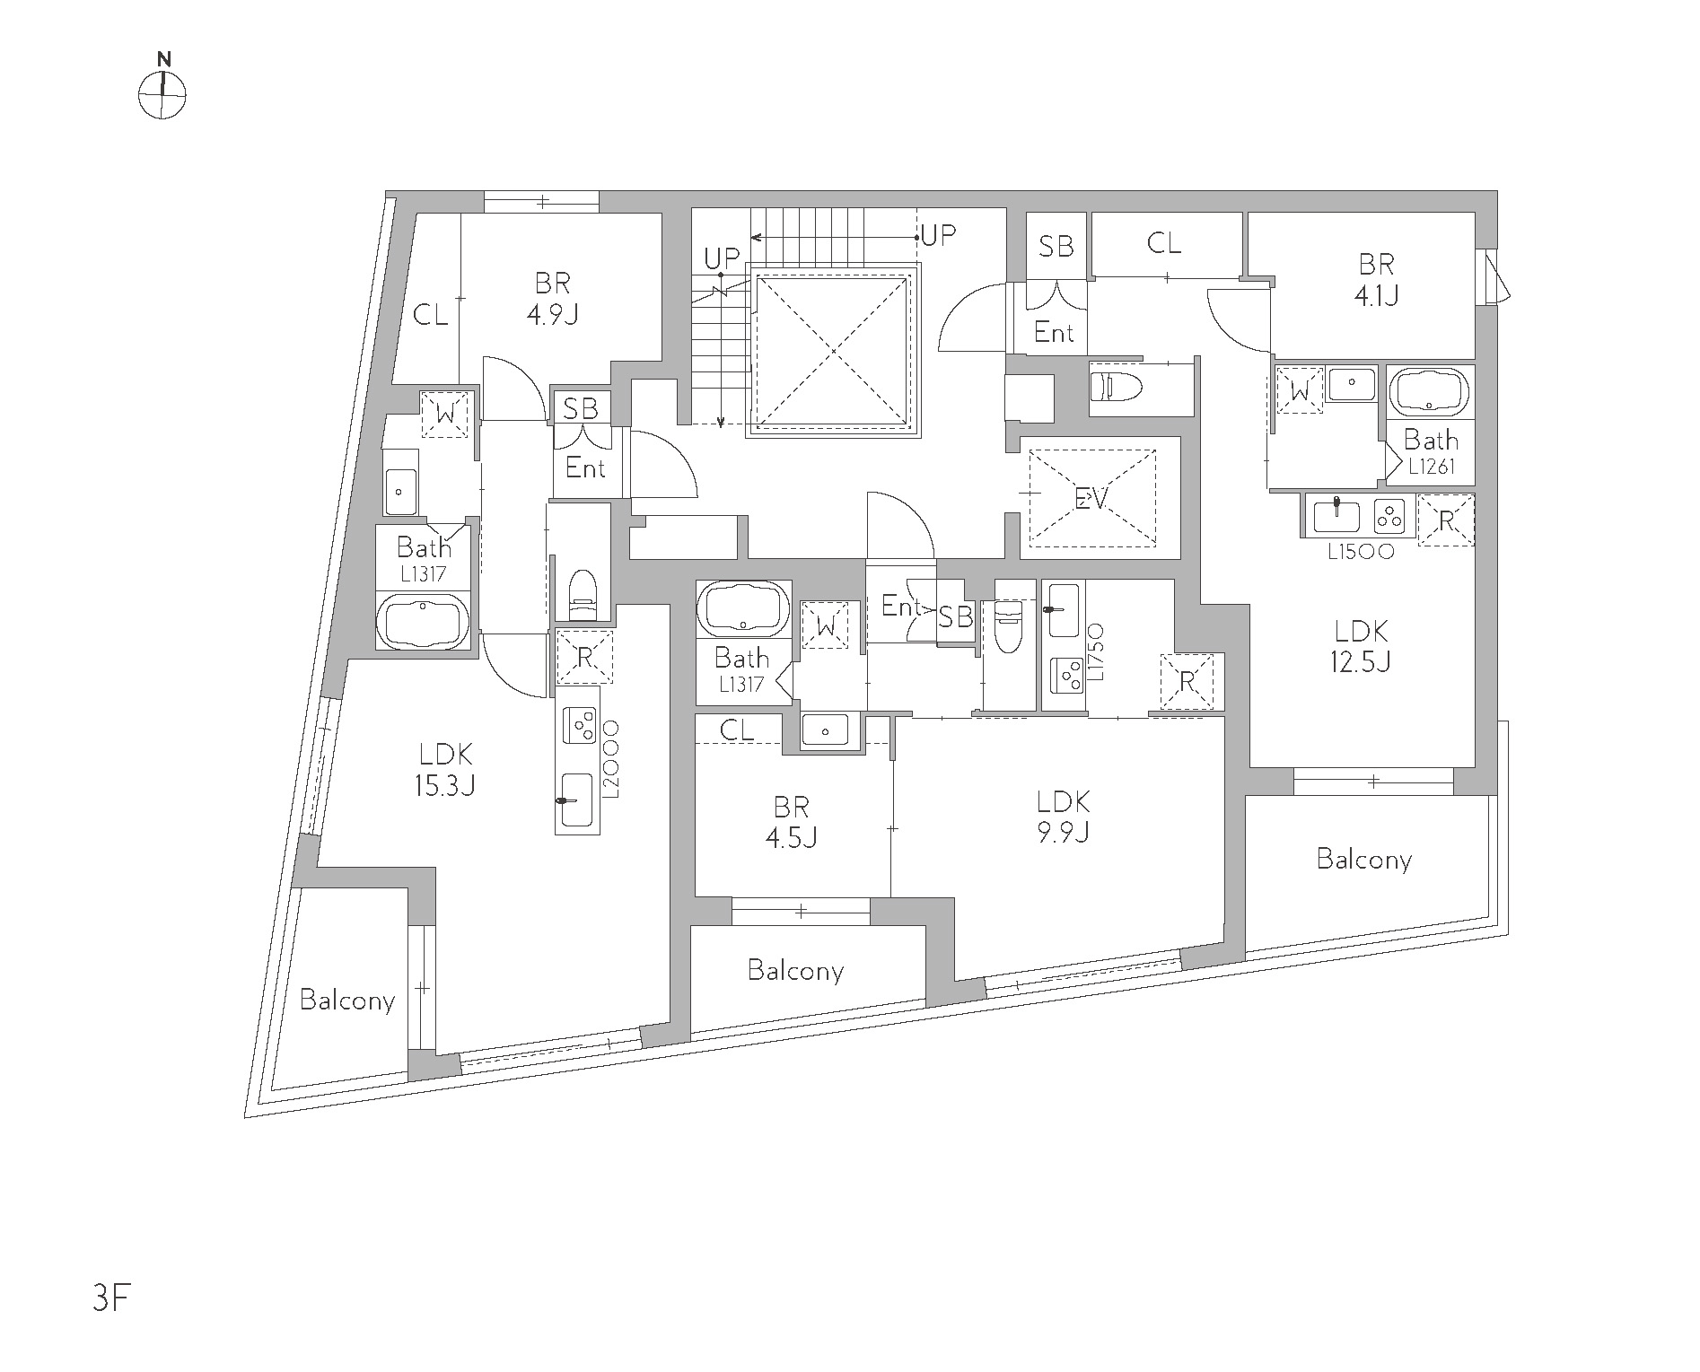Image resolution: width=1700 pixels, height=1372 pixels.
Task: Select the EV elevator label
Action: [1092, 498]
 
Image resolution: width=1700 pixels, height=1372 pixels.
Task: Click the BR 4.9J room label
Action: [553, 300]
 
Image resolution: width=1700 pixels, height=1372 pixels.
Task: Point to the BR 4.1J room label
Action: [1377, 280]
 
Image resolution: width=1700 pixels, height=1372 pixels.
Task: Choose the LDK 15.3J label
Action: [444, 769]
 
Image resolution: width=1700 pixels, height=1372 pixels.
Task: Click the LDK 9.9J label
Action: [1064, 817]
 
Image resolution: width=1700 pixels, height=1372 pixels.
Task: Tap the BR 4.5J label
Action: [791, 821]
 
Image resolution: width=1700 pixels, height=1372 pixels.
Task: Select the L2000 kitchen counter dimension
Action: [611, 759]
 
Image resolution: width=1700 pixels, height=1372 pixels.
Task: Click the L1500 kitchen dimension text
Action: [1362, 553]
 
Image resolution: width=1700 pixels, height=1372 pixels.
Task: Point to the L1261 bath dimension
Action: [1431, 467]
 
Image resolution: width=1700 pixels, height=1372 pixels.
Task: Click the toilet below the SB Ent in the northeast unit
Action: [1116, 388]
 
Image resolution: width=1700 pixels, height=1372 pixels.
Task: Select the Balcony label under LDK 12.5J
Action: [1363, 859]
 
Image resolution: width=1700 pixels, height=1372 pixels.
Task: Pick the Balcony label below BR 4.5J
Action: [795, 970]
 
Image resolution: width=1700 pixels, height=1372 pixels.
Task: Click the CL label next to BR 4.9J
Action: [431, 315]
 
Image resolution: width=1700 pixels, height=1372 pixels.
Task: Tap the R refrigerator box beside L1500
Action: [1446, 520]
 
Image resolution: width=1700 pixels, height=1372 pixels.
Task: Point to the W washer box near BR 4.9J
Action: [445, 415]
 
